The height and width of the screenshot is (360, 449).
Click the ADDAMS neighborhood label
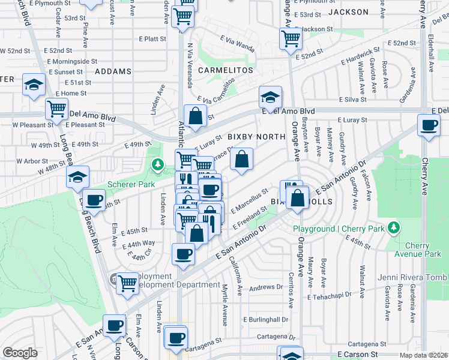[x=113, y=71]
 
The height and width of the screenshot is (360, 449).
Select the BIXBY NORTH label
[x=256, y=137]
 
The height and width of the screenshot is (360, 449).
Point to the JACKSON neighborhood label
[x=349, y=12]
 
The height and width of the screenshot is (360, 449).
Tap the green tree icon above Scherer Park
[x=158, y=164]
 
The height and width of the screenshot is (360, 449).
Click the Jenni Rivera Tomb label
[x=412, y=277]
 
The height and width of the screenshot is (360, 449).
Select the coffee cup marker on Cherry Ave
[x=429, y=126]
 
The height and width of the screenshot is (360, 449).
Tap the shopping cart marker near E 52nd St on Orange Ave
[x=291, y=38]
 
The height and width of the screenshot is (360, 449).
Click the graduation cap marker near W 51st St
[x=34, y=85]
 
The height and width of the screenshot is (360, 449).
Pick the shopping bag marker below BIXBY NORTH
[x=241, y=160]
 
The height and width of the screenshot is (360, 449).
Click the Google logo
[x=20, y=353]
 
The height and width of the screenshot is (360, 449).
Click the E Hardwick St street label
[x=360, y=56]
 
